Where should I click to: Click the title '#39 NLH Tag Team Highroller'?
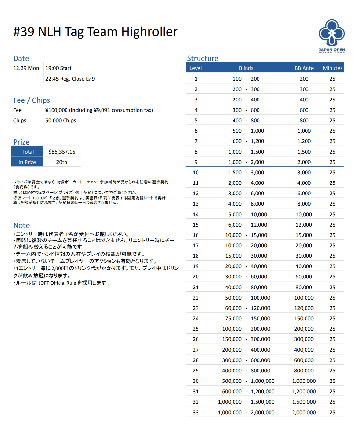click(x=95, y=32)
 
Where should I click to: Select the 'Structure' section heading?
click(x=203, y=58)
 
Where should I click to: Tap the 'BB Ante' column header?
click(x=304, y=68)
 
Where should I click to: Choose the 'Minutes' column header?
click(x=332, y=68)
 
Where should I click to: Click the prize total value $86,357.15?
click(x=62, y=152)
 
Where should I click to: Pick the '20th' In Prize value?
click(x=62, y=162)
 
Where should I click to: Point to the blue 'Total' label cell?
click(x=28, y=152)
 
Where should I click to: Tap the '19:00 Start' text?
click(x=58, y=68)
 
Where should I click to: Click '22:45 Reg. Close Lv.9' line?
click(x=70, y=79)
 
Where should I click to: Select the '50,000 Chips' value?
click(x=61, y=120)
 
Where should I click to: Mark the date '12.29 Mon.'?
click(x=27, y=68)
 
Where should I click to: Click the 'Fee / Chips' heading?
click(x=31, y=100)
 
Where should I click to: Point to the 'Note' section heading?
click(x=21, y=225)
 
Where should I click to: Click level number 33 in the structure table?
click(x=196, y=412)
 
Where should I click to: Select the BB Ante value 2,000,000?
click(x=304, y=412)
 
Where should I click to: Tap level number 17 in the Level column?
click(x=196, y=245)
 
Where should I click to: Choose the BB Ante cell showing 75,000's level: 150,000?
click(x=304, y=318)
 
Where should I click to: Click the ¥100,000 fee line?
click(x=99, y=110)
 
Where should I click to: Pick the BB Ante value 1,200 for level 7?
click(x=304, y=141)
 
